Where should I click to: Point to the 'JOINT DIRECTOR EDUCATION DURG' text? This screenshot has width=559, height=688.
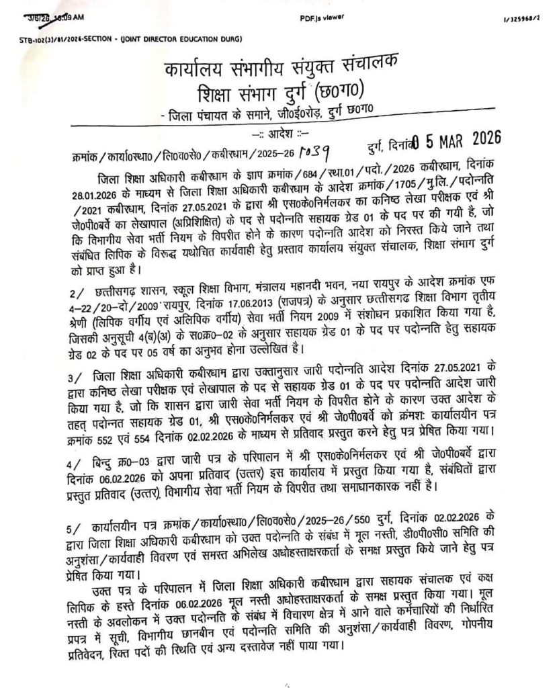[180, 40]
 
